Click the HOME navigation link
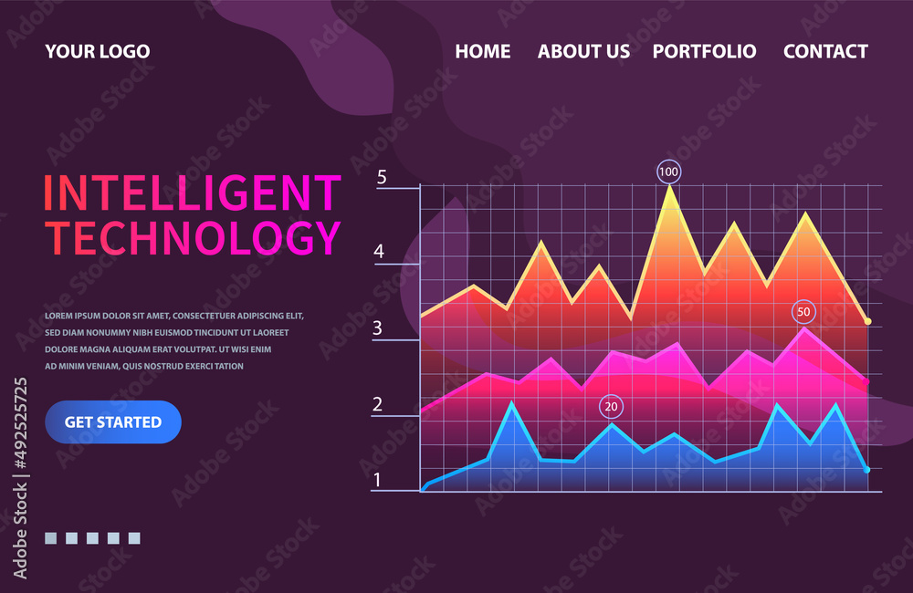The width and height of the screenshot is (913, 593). pyautogui.click(x=483, y=51)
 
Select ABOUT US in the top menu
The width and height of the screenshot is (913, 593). pyautogui.click(x=583, y=51)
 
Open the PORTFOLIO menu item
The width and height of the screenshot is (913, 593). pyautogui.click(x=704, y=51)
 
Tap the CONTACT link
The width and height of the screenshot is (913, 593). pyautogui.click(x=825, y=51)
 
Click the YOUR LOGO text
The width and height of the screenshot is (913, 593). pyautogui.click(x=98, y=51)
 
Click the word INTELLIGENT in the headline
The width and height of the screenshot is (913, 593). pyautogui.click(x=192, y=192)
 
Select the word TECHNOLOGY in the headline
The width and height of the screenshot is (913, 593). pyautogui.click(x=192, y=237)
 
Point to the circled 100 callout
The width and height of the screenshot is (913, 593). pyautogui.click(x=669, y=172)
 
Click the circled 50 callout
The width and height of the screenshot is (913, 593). pyautogui.click(x=803, y=312)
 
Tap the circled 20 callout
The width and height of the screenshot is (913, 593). pyautogui.click(x=611, y=407)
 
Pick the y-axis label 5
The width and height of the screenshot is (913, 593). pyautogui.click(x=382, y=178)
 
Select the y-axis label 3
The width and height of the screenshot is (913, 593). pyautogui.click(x=377, y=328)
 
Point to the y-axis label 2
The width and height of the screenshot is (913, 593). pyautogui.click(x=377, y=404)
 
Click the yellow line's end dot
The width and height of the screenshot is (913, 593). pyautogui.click(x=868, y=322)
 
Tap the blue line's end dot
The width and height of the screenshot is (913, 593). pyautogui.click(x=866, y=470)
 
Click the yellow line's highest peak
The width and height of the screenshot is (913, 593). pyautogui.click(x=670, y=187)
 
